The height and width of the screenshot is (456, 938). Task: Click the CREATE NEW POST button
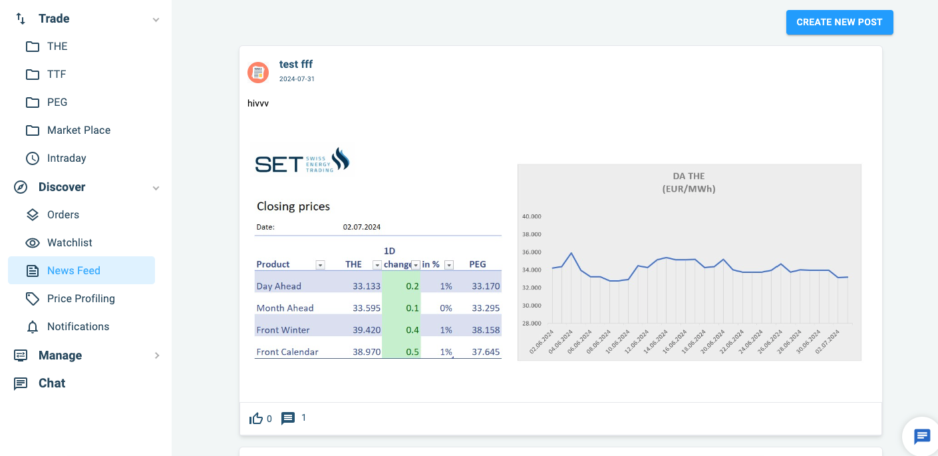click(x=839, y=22)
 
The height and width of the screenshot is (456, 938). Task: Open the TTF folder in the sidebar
click(x=56, y=74)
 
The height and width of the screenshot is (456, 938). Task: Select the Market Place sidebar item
click(x=78, y=130)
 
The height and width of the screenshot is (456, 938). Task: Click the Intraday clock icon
click(x=33, y=158)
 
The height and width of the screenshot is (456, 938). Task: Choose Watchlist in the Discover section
click(x=69, y=242)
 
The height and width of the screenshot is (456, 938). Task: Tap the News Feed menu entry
click(x=73, y=270)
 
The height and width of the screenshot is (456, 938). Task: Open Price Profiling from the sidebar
click(x=80, y=298)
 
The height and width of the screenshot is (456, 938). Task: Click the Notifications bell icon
click(x=33, y=327)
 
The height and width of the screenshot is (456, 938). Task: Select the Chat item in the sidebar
click(x=51, y=383)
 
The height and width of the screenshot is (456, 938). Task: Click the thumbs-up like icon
click(x=256, y=418)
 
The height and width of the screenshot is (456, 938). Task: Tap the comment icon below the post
click(x=288, y=418)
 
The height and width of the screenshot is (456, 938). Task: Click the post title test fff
click(x=296, y=64)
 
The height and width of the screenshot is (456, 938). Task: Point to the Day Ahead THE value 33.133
click(x=367, y=286)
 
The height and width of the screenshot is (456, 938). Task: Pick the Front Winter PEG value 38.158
click(x=485, y=330)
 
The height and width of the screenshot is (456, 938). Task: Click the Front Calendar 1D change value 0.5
click(x=412, y=351)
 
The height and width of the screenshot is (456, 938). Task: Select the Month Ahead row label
click(x=285, y=308)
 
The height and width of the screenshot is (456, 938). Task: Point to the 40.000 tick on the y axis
click(x=532, y=216)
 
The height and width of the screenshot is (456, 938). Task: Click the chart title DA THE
click(x=689, y=176)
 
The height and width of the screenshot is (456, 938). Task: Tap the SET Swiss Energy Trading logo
click(x=303, y=161)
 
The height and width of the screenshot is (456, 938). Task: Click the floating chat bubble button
click(x=922, y=437)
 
